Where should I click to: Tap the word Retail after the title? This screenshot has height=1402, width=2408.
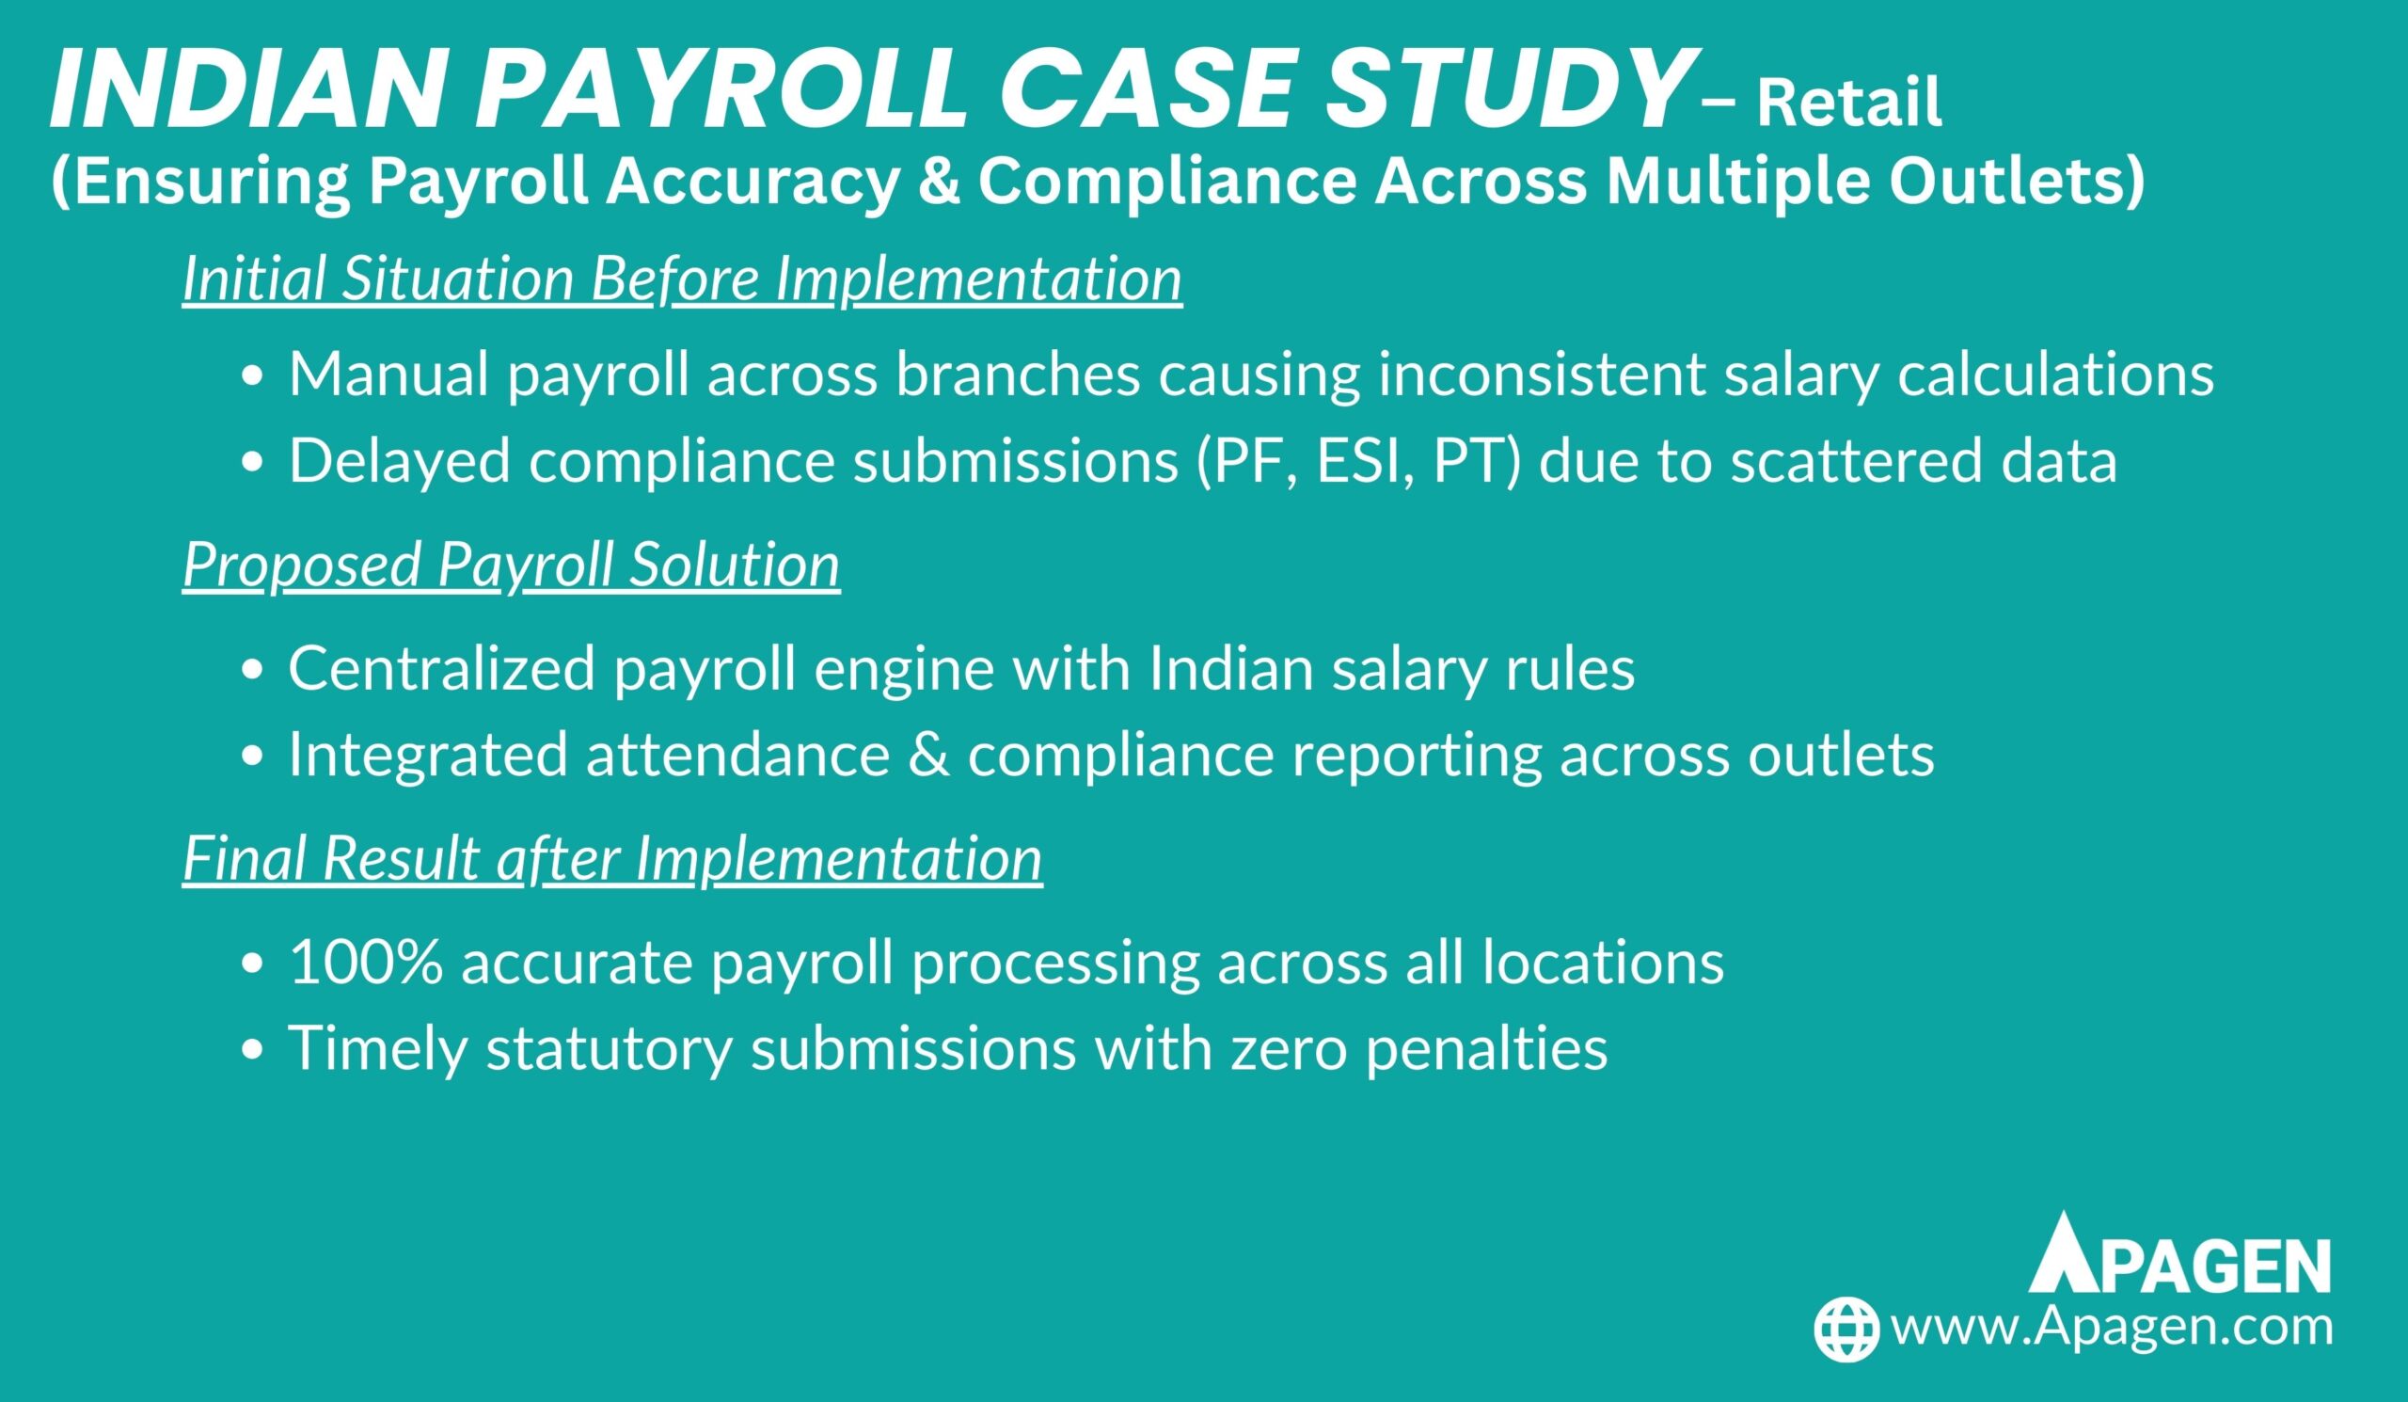pos(1850,104)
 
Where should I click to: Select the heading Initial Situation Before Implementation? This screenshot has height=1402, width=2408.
pos(682,279)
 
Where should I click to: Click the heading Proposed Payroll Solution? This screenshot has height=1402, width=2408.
pos(511,565)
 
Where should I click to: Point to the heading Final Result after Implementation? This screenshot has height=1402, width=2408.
pos(612,858)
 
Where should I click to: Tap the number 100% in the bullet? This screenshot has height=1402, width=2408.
pos(366,962)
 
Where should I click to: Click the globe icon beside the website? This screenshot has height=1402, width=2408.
pos(1847,1329)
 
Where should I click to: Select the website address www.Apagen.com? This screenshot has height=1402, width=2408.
pos(2112,1328)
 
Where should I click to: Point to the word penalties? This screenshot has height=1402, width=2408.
pos(1486,1048)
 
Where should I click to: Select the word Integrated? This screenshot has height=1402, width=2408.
pos(429,755)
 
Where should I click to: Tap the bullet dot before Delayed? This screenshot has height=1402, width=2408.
pos(251,463)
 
